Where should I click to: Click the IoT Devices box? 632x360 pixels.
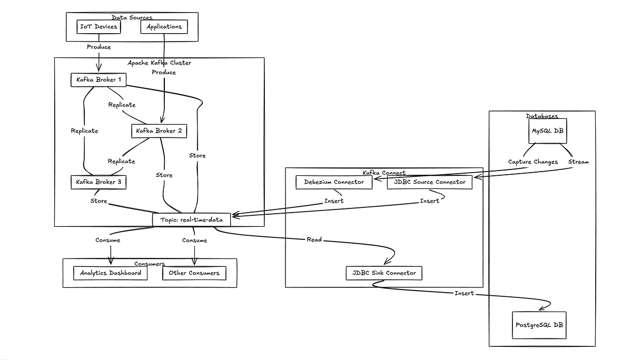coord(98,27)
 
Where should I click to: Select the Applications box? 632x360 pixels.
coord(164,27)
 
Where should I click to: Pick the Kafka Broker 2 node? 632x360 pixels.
coord(159,131)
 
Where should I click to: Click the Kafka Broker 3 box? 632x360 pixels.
coord(98,182)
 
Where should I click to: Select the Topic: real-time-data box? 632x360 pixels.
coord(192,219)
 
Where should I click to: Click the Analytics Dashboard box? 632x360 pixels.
coord(111,273)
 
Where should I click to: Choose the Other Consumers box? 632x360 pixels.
coord(194,273)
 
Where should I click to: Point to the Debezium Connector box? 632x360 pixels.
coord(334,182)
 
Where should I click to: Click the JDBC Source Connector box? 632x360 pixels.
coord(429,182)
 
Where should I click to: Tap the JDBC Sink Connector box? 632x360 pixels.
coord(384,273)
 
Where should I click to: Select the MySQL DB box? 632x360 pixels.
coord(548,131)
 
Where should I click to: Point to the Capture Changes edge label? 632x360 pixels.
coord(532,162)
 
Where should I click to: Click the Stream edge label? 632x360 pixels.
coord(578,162)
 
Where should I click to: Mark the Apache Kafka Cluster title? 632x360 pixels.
coord(160,63)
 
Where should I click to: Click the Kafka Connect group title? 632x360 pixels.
coord(384,173)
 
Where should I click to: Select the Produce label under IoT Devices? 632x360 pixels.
coord(98,47)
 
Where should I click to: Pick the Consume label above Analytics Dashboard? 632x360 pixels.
coord(107,241)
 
